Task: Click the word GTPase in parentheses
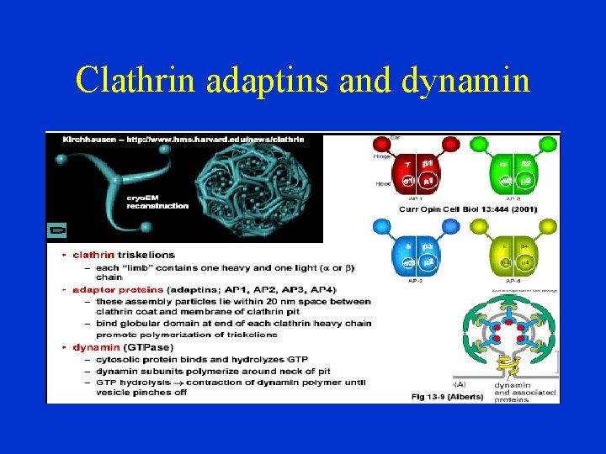click(151, 347)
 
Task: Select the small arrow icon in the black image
click(58, 230)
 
